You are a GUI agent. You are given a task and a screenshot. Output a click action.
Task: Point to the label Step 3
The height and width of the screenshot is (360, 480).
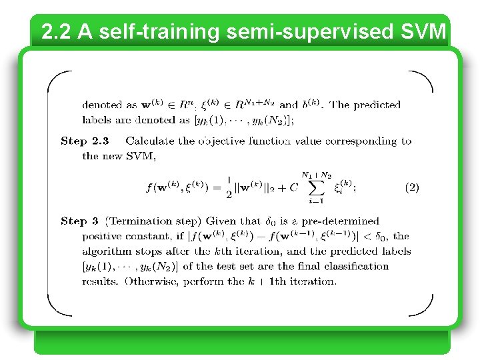pyautogui.click(x=79, y=221)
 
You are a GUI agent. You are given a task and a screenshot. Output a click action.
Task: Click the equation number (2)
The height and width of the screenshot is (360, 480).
pyautogui.click(x=412, y=187)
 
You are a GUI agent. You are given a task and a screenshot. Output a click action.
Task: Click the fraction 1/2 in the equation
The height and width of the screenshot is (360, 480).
pyautogui.click(x=229, y=187)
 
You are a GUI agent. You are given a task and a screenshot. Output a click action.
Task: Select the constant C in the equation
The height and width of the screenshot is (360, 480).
pyautogui.click(x=294, y=188)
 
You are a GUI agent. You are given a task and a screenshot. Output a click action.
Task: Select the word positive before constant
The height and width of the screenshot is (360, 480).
pyautogui.click(x=102, y=236)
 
